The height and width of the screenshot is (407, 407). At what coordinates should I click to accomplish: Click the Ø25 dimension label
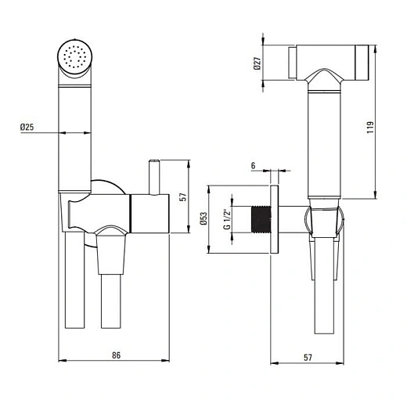pyautogui.click(x=27, y=127)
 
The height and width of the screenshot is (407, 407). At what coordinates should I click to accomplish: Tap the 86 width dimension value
pyautogui.click(x=117, y=355)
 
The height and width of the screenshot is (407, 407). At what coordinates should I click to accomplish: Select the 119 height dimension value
pyautogui.click(x=370, y=128)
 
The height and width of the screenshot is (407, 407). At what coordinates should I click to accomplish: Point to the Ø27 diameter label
pyautogui.click(x=257, y=63)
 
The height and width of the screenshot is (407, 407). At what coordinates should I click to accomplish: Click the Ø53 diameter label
pyautogui.click(x=203, y=218)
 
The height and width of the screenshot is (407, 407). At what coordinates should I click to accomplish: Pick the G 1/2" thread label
pyautogui.click(x=227, y=219)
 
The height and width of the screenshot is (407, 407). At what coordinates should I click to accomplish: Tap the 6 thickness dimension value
pyautogui.click(x=253, y=166)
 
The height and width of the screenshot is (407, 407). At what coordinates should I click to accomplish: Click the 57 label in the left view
pyautogui.click(x=184, y=196)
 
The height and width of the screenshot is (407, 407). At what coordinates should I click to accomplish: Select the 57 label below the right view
pyautogui.click(x=308, y=357)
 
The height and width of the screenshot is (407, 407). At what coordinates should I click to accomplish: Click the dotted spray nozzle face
pyautogui.click(x=75, y=57)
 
